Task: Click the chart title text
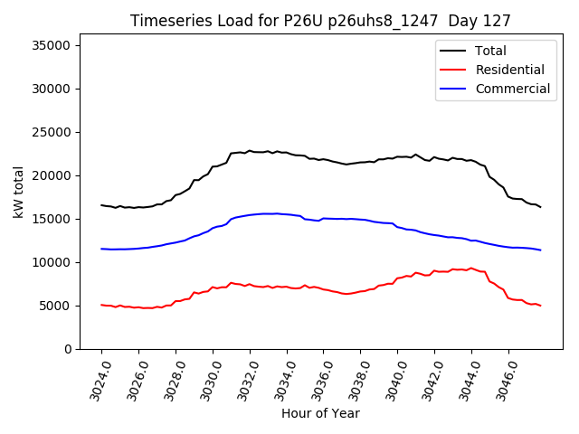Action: coord(320,21)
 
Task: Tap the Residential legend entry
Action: coord(509,70)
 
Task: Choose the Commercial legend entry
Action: coord(512,89)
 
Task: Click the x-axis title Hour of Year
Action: coord(320,414)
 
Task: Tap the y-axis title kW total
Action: coord(19,192)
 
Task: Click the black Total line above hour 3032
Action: coord(250,151)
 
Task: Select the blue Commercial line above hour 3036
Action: coord(324,218)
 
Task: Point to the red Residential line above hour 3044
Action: coord(471,269)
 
